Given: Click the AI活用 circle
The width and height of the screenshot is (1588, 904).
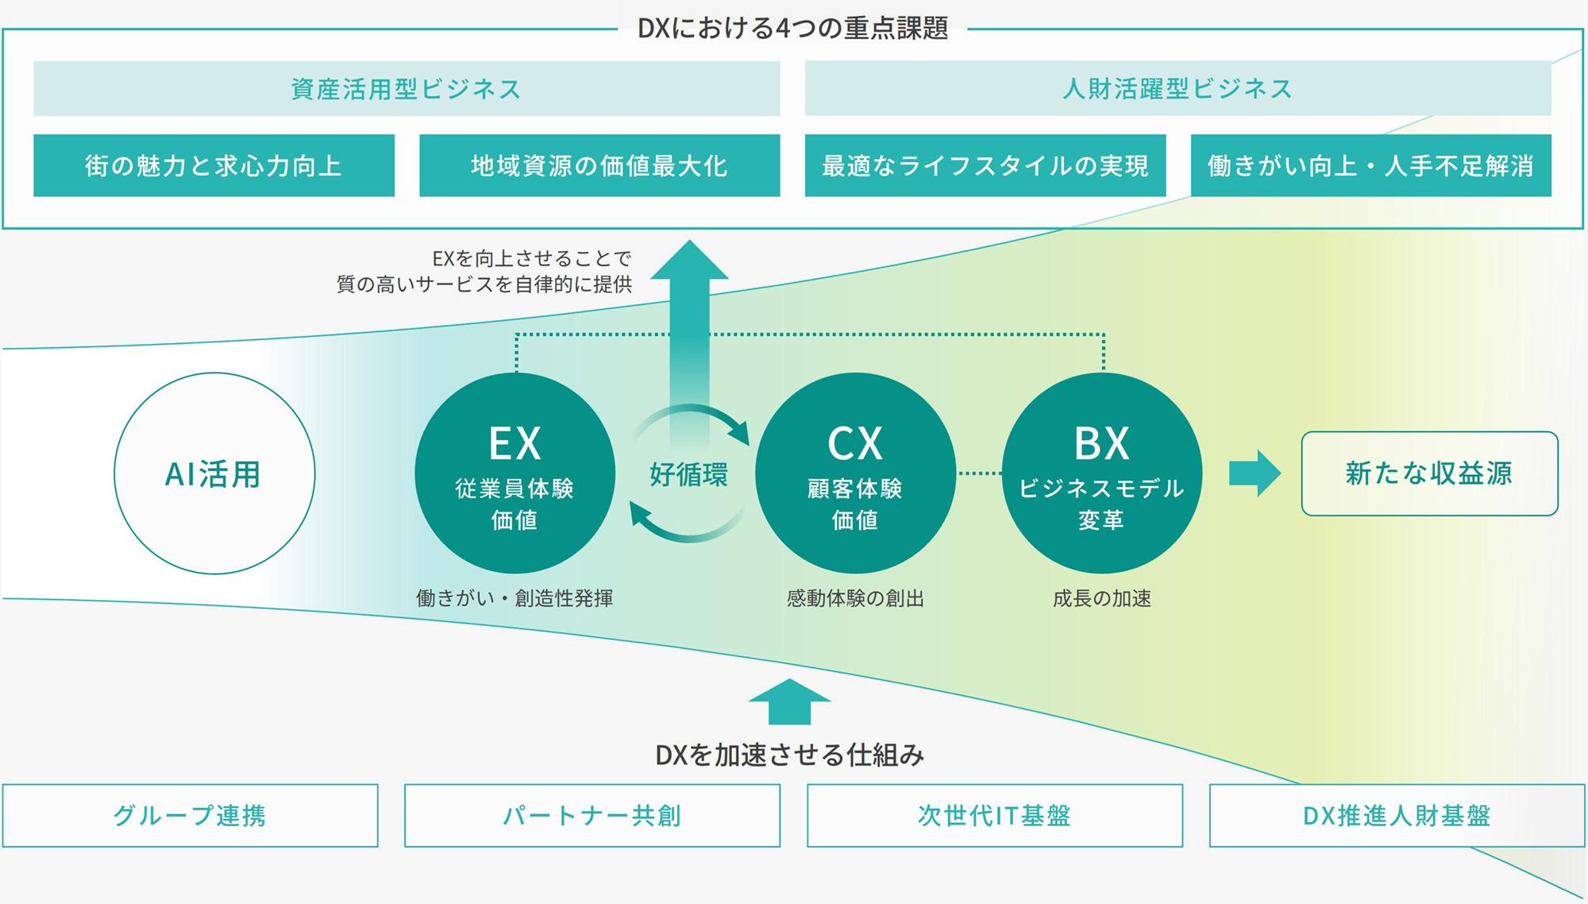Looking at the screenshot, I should tap(214, 473).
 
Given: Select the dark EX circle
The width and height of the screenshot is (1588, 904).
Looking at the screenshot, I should tap(515, 473).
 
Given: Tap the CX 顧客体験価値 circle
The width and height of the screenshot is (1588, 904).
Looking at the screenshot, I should tap(855, 473).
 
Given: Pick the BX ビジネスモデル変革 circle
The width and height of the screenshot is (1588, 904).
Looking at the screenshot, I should tap(1102, 473).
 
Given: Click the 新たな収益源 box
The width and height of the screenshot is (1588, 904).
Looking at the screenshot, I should tap(1429, 473).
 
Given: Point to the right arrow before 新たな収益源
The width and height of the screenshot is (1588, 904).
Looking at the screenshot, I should tap(1255, 473).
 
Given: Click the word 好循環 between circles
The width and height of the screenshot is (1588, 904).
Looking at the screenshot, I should tap(688, 475).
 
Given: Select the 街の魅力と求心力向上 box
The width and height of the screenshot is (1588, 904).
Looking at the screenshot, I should tap(214, 165).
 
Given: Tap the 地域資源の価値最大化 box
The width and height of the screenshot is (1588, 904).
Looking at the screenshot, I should tap(599, 165).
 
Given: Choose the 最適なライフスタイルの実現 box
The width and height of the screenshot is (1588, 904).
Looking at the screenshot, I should tap(985, 165).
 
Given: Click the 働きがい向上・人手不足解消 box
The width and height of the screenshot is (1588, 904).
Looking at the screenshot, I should tap(1370, 165).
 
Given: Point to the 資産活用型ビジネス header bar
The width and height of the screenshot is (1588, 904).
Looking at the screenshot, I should tap(407, 89).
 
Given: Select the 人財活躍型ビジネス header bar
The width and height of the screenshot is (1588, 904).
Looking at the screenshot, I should tap(1178, 89).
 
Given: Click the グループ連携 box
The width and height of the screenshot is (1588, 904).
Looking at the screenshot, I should tap(190, 816).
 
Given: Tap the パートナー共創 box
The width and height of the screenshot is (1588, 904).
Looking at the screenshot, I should tap(592, 816).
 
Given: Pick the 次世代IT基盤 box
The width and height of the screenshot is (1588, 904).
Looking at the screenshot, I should tap(995, 816).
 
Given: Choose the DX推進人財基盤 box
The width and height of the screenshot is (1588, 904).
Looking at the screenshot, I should tap(1397, 816).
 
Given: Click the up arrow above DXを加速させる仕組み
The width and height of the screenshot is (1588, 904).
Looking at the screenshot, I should tap(789, 702).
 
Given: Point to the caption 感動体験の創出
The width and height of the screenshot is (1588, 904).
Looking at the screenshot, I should tap(855, 598).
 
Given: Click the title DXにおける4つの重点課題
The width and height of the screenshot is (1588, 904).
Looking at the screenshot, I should tap(792, 29).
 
